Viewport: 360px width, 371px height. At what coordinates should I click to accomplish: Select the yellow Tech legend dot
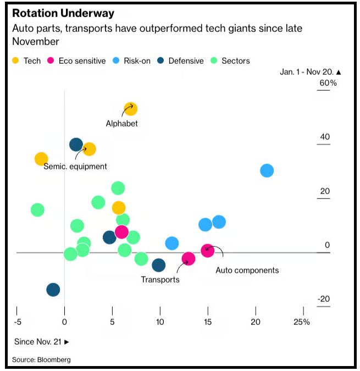point(16,60)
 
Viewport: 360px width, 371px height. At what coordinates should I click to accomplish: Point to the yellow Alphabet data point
point(130,109)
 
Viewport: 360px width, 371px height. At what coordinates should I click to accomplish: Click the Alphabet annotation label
point(122,124)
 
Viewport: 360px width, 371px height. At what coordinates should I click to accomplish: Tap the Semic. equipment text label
point(75,166)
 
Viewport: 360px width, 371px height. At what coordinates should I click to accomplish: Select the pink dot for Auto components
point(207,251)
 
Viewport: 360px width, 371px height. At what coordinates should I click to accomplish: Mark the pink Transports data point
point(189,259)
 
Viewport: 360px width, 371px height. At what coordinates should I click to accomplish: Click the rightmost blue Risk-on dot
point(267,170)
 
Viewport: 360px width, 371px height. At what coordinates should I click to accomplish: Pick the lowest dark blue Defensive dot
point(53,290)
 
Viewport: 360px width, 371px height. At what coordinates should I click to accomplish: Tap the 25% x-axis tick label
point(302,322)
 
